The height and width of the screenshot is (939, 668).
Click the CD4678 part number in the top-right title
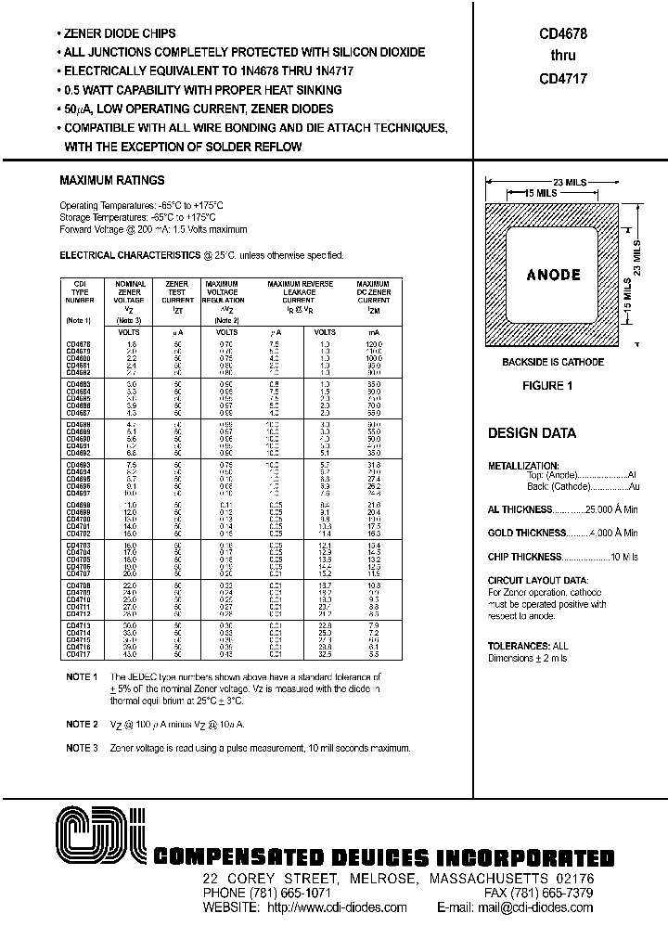(x=562, y=32)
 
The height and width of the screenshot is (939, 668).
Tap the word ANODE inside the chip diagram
(x=553, y=275)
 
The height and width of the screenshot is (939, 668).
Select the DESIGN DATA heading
(x=532, y=433)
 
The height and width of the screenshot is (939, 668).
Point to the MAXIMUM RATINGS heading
(x=111, y=180)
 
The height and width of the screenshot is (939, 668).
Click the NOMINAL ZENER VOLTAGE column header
(x=129, y=294)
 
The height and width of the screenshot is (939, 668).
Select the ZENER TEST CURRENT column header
(x=176, y=294)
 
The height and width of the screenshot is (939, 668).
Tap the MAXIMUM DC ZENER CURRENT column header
(x=372, y=294)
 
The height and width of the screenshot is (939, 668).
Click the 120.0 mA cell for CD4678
(x=372, y=344)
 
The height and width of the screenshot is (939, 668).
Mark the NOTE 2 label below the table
(x=82, y=724)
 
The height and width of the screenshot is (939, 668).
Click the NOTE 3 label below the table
(x=82, y=747)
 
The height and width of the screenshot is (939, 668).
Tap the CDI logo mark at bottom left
(x=96, y=837)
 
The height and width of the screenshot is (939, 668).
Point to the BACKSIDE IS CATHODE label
(x=553, y=362)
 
